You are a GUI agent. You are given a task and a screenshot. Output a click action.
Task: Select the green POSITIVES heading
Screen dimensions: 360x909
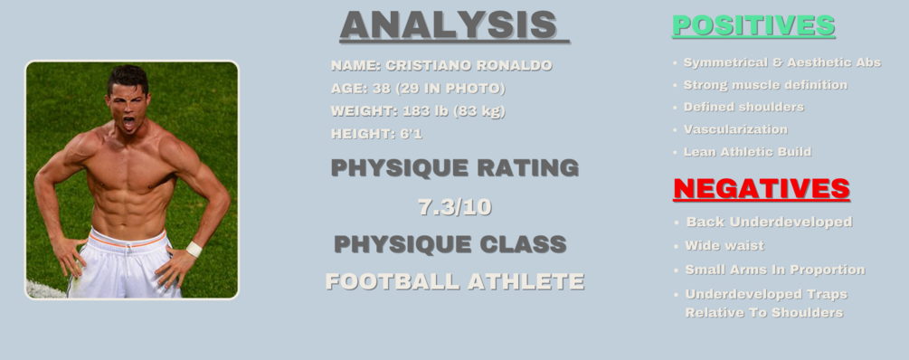tap(753, 26)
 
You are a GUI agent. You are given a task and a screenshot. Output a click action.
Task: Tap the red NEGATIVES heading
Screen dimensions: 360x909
tap(762, 189)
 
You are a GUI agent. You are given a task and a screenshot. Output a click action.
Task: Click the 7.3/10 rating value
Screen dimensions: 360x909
tap(455, 207)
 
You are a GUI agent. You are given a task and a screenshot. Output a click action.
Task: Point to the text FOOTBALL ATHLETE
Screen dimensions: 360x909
tap(455, 281)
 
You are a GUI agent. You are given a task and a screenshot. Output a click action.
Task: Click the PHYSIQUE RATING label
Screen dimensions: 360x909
tap(455, 168)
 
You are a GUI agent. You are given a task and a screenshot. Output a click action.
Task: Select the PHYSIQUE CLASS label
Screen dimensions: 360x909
tap(450, 244)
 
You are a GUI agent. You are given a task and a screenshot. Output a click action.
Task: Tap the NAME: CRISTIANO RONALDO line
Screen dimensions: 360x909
tap(441, 66)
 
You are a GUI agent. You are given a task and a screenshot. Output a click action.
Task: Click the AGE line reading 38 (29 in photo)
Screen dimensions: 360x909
tap(418, 89)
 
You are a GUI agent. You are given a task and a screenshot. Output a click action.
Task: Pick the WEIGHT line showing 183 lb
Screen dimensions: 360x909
tap(418, 111)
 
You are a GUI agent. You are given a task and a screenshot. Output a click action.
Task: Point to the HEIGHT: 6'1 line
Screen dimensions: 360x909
tap(376, 134)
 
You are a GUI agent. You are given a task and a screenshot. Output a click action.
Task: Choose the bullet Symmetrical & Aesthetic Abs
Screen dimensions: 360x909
tap(781, 62)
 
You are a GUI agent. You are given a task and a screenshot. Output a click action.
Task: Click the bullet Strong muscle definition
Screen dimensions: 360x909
tap(765, 85)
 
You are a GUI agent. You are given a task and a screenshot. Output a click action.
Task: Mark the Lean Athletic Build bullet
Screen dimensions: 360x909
tap(747, 152)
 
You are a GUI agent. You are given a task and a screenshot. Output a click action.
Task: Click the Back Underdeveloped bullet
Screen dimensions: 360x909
tap(769, 222)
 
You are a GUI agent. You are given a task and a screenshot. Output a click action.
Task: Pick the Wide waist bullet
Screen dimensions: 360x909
tap(724, 245)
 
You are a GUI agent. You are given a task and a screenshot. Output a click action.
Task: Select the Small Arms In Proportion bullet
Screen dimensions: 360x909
tap(775, 270)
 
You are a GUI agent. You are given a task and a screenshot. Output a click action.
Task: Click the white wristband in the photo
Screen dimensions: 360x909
tap(194, 249)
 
